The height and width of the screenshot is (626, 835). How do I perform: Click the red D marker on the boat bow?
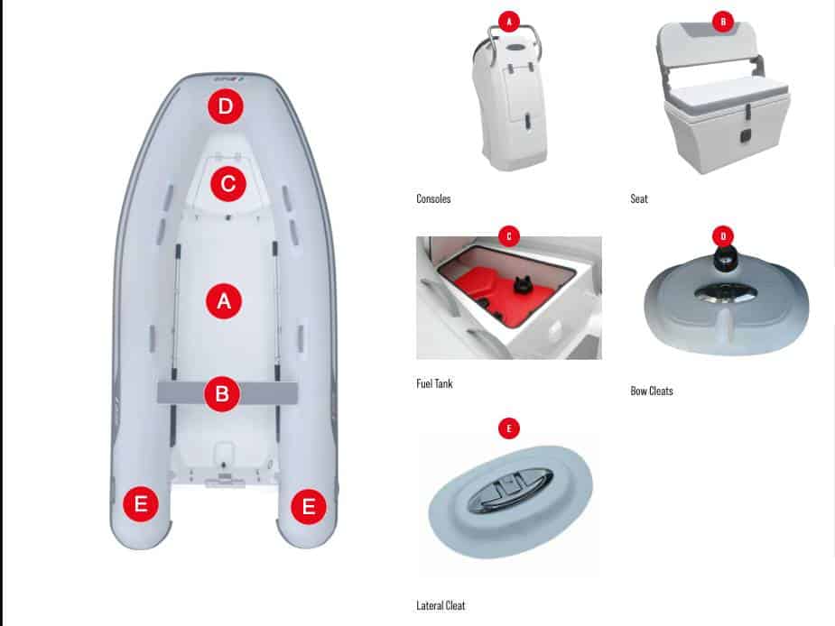tap(226, 106)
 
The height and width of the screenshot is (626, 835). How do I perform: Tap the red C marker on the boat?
tap(227, 184)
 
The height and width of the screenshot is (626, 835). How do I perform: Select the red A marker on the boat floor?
tap(224, 300)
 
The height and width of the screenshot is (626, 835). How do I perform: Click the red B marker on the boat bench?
tap(222, 394)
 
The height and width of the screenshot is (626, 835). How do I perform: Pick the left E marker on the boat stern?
tap(141, 503)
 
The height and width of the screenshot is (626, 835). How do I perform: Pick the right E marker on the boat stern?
tap(309, 506)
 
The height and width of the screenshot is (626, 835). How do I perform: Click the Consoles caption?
tap(433, 199)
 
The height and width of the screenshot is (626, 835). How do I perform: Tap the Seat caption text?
tap(639, 199)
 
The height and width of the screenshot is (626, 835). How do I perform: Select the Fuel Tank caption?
tap(434, 383)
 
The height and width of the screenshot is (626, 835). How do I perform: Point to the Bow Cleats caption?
tap(652, 391)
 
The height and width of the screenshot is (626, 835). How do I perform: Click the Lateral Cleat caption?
tap(441, 606)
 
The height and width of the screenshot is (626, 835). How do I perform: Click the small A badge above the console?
tap(509, 22)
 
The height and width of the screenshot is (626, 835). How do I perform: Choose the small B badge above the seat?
tap(723, 22)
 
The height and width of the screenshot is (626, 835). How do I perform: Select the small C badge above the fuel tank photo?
tap(509, 236)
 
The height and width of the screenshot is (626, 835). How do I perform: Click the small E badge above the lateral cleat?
tap(509, 428)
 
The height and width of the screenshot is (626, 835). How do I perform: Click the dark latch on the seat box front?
tap(746, 136)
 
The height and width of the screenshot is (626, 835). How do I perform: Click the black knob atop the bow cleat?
tap(723, 258)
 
